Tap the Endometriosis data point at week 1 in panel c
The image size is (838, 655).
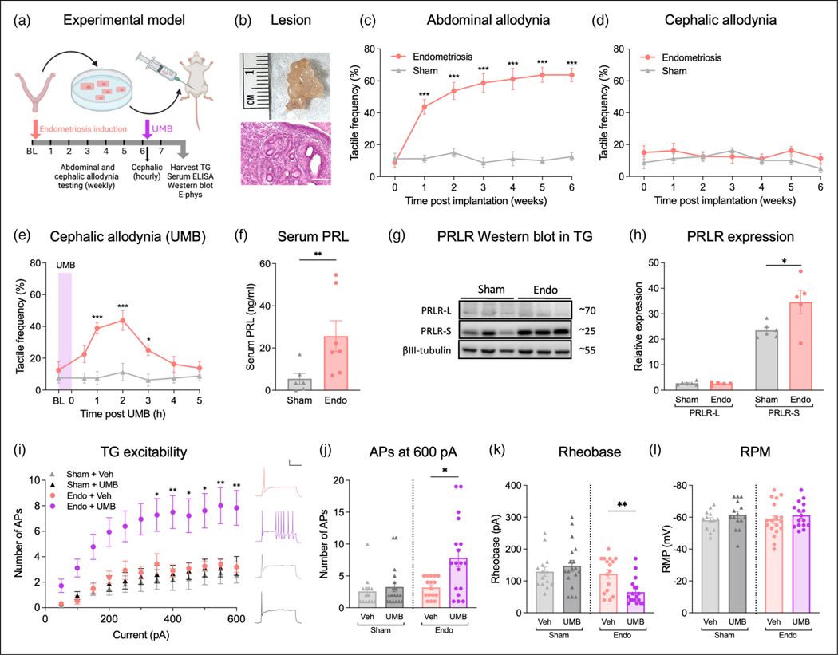pyautogui.click(x=423, y=106)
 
